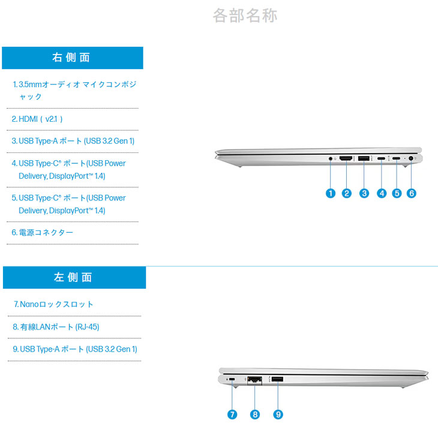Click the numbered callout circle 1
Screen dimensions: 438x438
pyautogui.click(x=331, y=193)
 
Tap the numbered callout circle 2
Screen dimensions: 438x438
pyautogui.click(x=347, y=193)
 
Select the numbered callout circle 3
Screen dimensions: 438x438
pyautogui.click(x=364, y=193)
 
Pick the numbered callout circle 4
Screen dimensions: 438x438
pyautogui.click(x=382, y=193)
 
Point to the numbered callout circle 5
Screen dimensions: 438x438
pyautogui.click(x=397, y=193)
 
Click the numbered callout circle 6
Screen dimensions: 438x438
pyautogui.click(x=412, y=193)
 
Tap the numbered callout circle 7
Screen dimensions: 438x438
pyautogui.click(x=232, y=414)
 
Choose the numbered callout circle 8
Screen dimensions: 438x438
pyautogui.click(x=255, y=414)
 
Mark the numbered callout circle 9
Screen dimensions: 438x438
pyautogui.click(x=278, y=414)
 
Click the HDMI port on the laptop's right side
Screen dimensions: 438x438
pyautogui.click(x=346, y=158)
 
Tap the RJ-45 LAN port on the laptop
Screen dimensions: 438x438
pyautogui.click(x=254, y=380)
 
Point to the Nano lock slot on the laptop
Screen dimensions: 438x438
pyautogui.click(x=232, y=379)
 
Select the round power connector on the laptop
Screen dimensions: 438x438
pyautogui.click(x=410, y=158)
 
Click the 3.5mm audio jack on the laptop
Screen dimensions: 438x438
pyautogui.click(x=331, y=158)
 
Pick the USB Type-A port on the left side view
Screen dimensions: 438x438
pyautogui.click(x=277, y=379)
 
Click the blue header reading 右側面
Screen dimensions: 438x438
pyautogui.click(x=73, y=58)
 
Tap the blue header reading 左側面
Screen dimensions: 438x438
pyautogui.click(x=74, y=277)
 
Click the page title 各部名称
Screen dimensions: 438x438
pyautogui.click(x=245, y=16)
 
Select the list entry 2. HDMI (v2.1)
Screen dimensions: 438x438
pyautogui.click(x=37, y=119)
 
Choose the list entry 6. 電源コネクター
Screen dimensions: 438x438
pyautogui.click(x=42, y=232)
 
